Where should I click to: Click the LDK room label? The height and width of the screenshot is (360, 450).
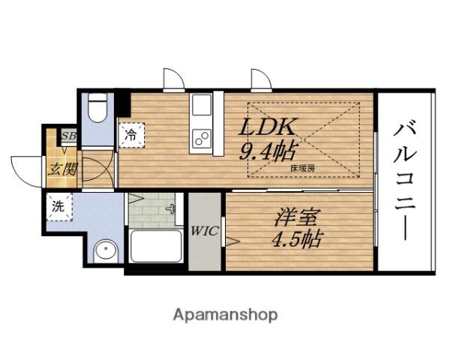[267, 127]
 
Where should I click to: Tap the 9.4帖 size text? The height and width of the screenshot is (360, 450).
[268, 151]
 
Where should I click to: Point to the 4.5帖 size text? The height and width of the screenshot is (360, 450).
[297, 239]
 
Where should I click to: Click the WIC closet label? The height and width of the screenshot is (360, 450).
[205, 231]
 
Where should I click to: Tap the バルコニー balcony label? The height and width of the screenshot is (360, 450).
[404, 181]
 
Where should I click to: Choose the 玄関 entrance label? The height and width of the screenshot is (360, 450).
[62, 169]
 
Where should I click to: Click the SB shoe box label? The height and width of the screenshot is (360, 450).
[69, 136]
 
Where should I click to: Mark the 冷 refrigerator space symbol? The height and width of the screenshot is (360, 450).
[131, 135]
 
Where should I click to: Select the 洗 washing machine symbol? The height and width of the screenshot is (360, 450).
[58, 207]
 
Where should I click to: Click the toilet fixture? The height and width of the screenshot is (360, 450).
[97, 108]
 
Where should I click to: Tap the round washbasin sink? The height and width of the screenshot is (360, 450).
[106, 250]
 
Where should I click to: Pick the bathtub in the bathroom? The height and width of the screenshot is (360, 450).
[156, 246]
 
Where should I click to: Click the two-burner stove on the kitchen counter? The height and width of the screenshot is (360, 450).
[202, 138]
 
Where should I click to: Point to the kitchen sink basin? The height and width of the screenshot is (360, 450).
[202, 105]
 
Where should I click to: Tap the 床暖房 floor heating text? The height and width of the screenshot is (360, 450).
[303, 169]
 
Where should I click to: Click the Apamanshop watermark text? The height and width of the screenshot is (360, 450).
[225, 315]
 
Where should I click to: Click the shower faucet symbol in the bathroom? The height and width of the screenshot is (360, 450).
[171, 208]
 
